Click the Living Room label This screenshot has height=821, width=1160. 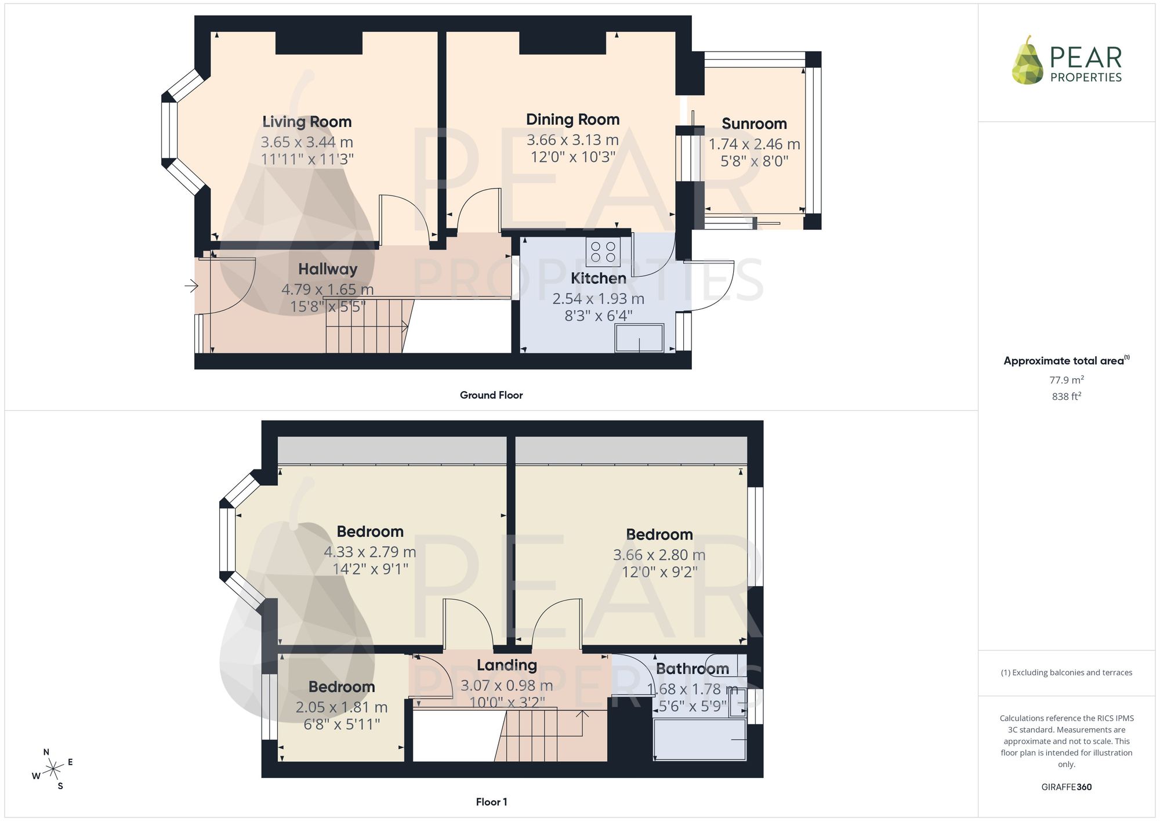coord(307,122)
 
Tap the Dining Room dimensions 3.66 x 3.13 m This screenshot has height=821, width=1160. coord(572,140)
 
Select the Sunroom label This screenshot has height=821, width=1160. coord(754,124)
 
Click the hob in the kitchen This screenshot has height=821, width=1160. coord(603,252)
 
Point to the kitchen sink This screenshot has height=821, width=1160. coord(639,338)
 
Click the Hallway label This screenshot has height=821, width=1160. coord(328,269)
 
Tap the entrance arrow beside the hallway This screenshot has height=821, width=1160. coord(191,286)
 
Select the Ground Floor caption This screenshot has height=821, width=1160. coord(491,395)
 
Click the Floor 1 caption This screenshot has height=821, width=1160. coord(491,802)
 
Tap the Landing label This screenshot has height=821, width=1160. coord(507,666)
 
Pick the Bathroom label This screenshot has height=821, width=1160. coord(692,668)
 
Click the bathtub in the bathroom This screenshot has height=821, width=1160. coord(699,740)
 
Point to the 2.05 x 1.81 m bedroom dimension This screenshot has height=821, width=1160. coord(342,707)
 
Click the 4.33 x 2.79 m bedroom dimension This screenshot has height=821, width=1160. coord(370,552)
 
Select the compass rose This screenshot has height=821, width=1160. coord(53,769)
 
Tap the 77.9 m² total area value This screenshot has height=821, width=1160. coord(1067,380)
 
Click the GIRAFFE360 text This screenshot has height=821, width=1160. coord(1067,787)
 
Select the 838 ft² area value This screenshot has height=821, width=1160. coord(1067,396)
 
